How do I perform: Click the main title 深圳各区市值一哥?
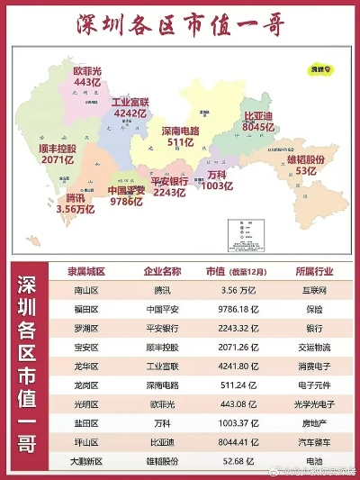click(180, 24)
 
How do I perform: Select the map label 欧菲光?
click(87, 69)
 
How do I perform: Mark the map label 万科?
click(216, 174)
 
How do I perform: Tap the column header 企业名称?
click(162, 271)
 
